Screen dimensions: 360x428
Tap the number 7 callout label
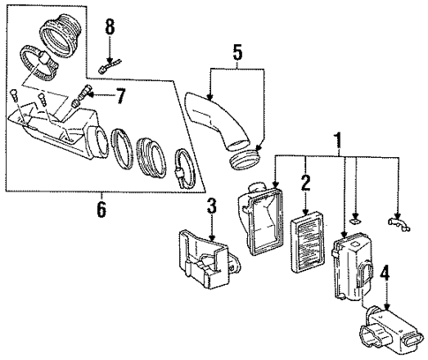(x=121, y=94)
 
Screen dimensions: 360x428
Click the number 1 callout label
(x=336, y=139)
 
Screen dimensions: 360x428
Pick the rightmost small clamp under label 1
(x=397, y=234)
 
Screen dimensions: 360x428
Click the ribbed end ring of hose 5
(x=247, y=159)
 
